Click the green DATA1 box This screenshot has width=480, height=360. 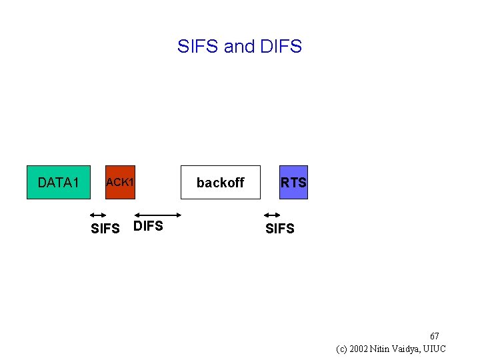click(x=58, y=182)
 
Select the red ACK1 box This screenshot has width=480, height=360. click(x=120, y=182)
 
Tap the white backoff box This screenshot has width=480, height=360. click(x=220, y=182)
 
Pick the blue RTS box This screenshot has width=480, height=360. click(x=293, y=182)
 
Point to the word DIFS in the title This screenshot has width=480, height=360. click(x=281, y=47)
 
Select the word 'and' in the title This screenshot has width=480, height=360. click(x=239, y=47)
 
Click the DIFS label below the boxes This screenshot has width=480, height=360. click(x=148, y=226)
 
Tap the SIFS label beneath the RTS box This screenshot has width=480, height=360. click(x=279, y=229)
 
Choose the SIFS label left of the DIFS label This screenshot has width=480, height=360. click(x=105, y=229)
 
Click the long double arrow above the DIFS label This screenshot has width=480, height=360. click(x=158, y=215)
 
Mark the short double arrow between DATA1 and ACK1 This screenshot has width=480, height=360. click(x=98, y=215)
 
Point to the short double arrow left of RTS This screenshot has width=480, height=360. click(x=271, y=215)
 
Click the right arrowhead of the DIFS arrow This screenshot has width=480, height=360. click(x=179, y=215)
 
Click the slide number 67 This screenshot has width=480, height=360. click(x=434, y=336)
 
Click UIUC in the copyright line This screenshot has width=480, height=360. click(x=437, y=349)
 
